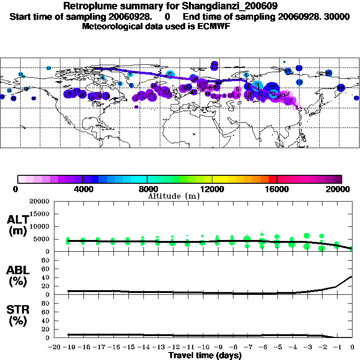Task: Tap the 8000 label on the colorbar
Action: (147, 189)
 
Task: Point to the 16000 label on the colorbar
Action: (277, 189)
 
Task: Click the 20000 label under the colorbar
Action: (341, 189)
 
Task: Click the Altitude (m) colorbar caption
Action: (173, 196)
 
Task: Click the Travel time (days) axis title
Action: (205, 356)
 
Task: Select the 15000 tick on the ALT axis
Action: (39, 214)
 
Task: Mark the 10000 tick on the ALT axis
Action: (39, 226)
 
